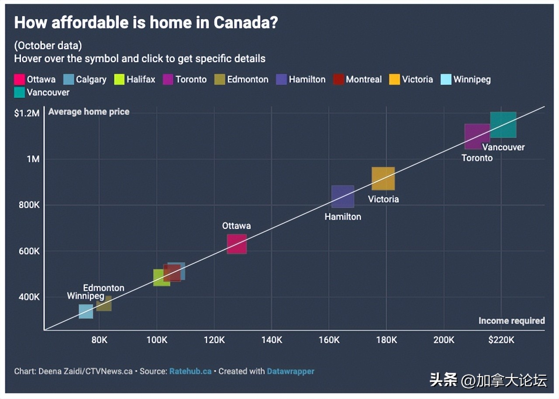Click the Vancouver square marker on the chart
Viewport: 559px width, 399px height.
(x=503, y=125)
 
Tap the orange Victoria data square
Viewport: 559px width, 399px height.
(x=383, y=179)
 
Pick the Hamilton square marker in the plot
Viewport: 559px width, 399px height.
(x=343, y=196)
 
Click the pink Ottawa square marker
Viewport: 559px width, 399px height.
(x=237, y=244)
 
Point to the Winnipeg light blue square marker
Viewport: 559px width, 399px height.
(x=86, y=311)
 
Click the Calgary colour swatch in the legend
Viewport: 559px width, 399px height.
(x=69, y=79)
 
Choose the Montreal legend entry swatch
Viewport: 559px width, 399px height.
(x=338, y=79)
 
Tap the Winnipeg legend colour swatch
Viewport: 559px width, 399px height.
(x=446, y=79)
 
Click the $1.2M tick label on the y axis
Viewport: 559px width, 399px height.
(x=27, y=113)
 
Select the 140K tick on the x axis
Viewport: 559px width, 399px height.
(x=272, y=340)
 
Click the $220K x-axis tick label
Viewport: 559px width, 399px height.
(x=501, y=340)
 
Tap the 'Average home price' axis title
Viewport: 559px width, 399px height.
(x=89, y=112)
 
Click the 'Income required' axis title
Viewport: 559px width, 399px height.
(x=511, y=321)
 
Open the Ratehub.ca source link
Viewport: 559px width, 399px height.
(x=190, y=371)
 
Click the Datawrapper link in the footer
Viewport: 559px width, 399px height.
(x=290, y=371)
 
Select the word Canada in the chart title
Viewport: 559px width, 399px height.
(x=245, y=23)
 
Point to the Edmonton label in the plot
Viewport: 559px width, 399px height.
(x=104, y=288)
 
